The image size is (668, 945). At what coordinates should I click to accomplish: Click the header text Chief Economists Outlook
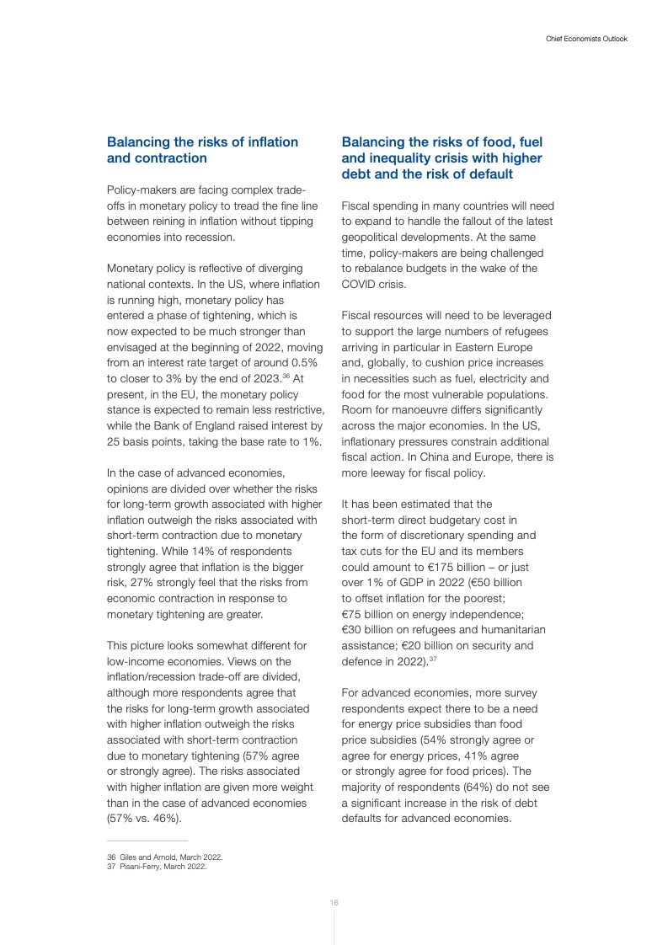pyautogui.click(x=581, y=39)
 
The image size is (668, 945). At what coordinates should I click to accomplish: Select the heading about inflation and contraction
pyautogui.click(x=202, y=150)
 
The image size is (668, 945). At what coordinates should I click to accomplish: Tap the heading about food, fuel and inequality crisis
pyautogui.click(x=441, y=157)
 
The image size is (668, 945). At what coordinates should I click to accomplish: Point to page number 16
pyautogui.click(x=334, y=902)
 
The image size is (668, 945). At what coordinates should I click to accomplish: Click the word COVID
pyautogui.click(x=360, y=284)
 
